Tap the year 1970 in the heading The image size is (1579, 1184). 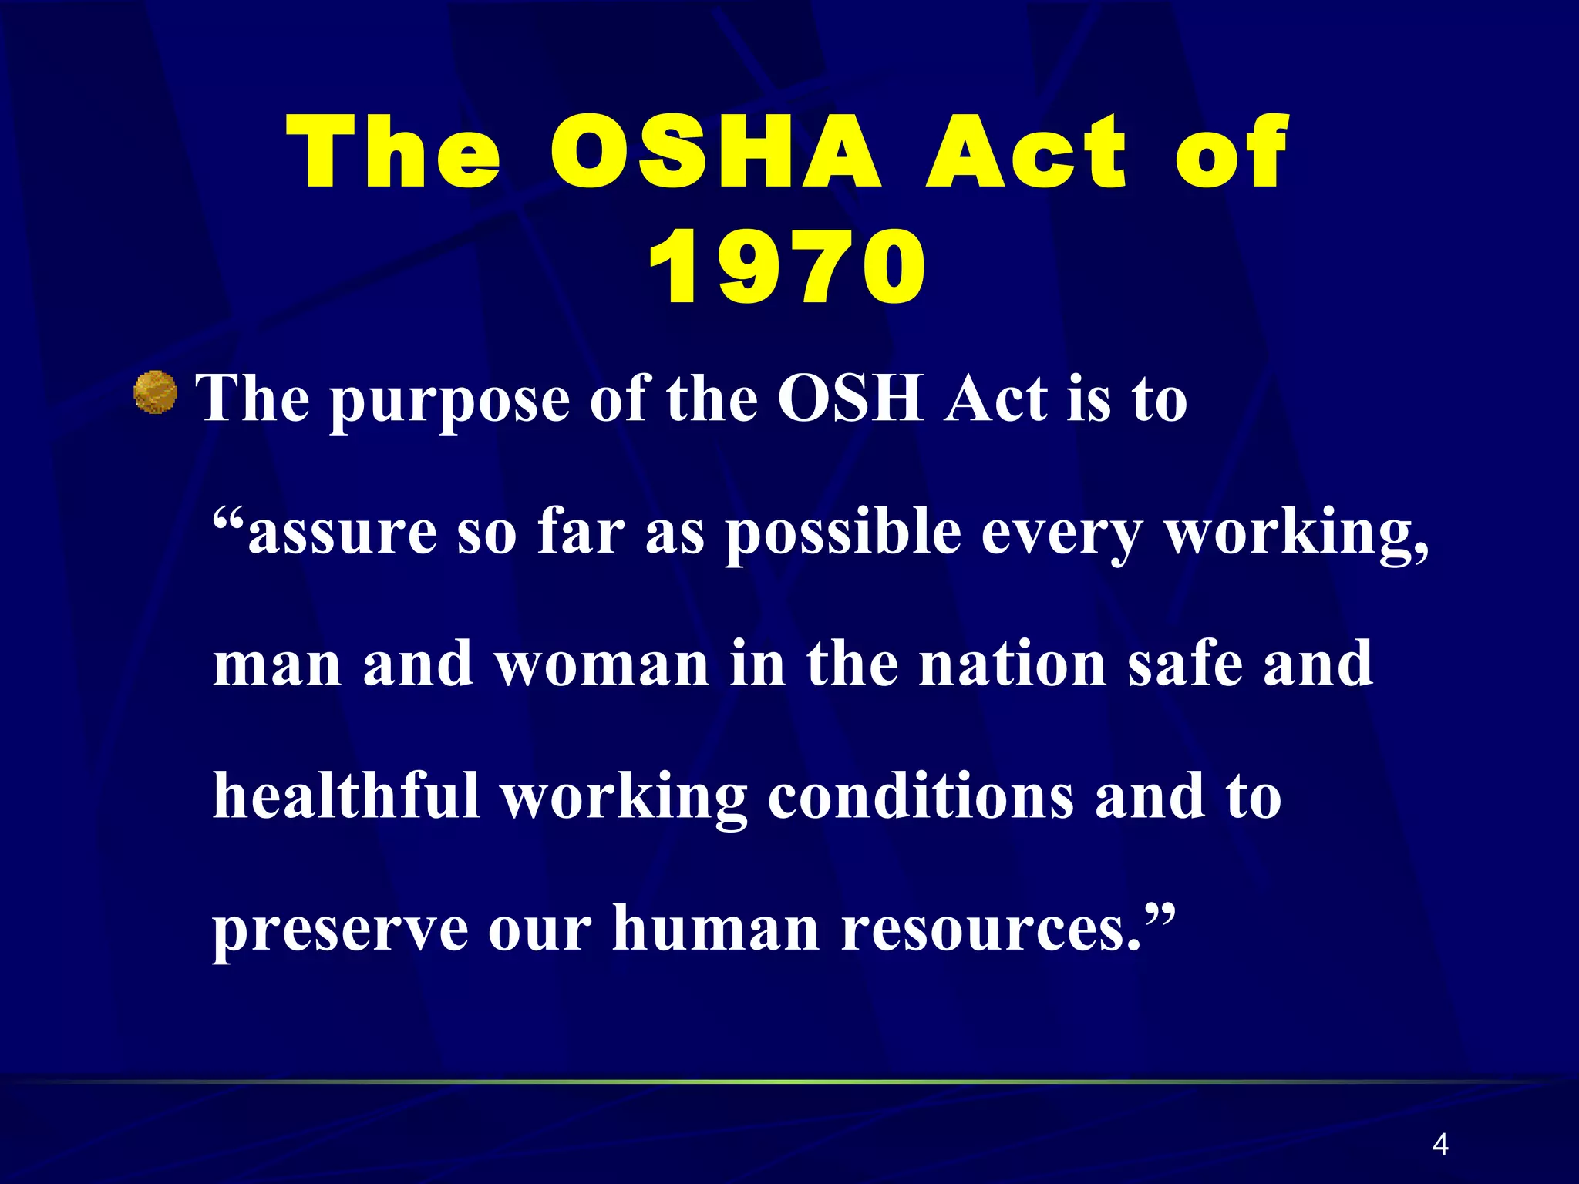pos(786,267)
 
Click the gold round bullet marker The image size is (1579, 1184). pos(156,393)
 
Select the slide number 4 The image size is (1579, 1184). pos(1439,1145)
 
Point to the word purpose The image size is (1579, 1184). pos(450,401)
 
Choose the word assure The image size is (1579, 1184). pos(342,533)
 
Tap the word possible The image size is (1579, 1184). pos(843,534)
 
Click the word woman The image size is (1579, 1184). pos(602,664)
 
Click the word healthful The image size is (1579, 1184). pos(346,795)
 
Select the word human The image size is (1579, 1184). pos(715,928)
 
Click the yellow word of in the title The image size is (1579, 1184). pos(1231,152)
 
